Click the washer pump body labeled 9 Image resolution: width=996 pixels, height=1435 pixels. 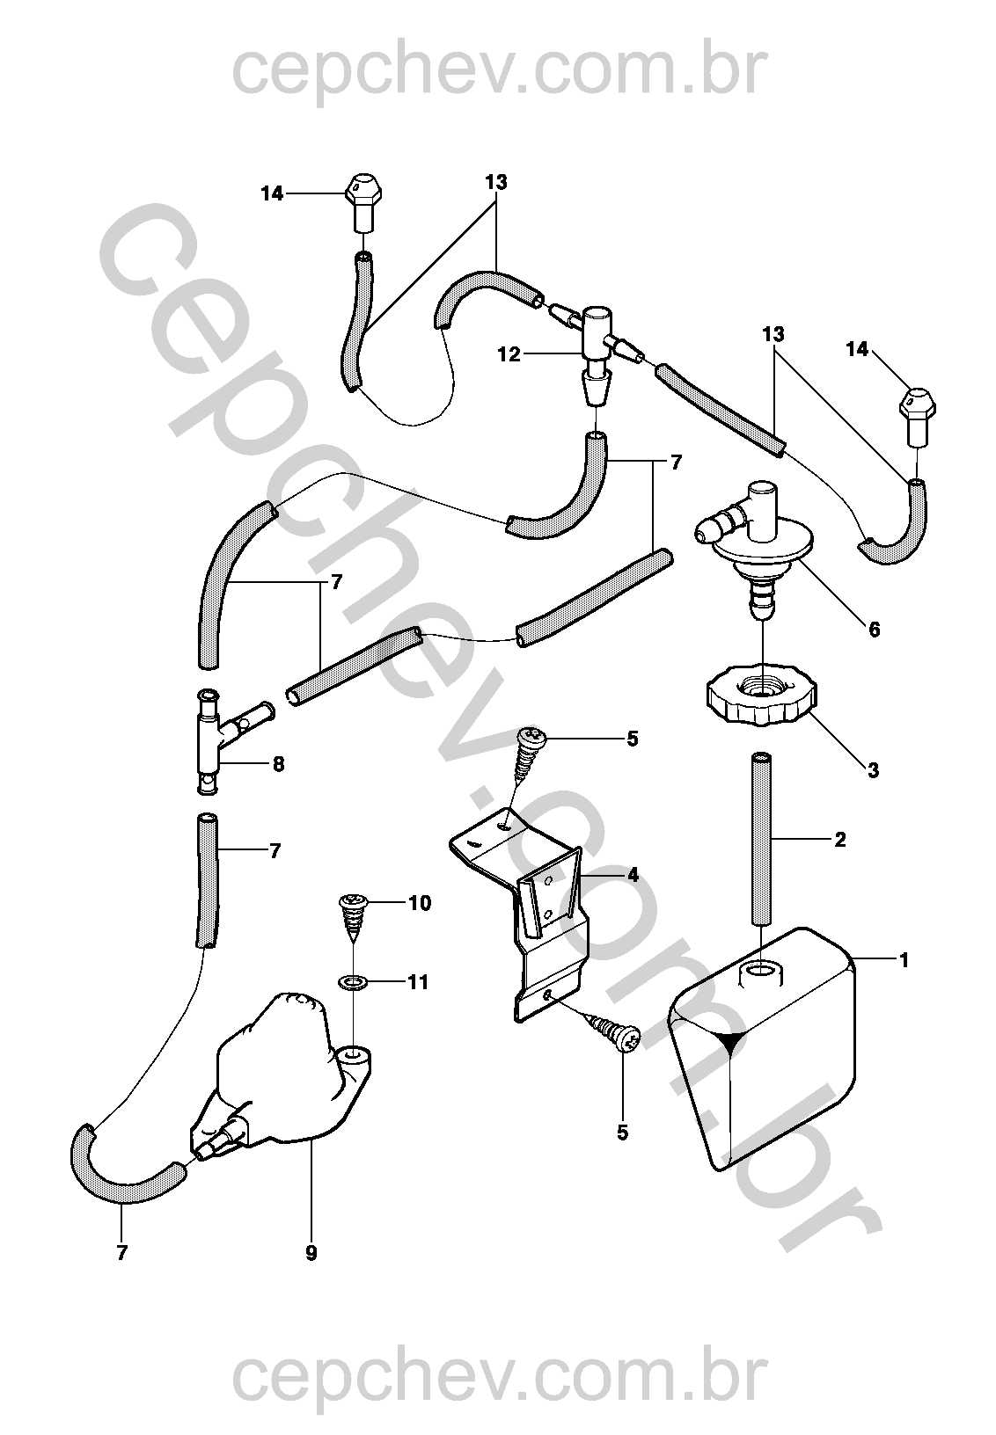click(282, 1082)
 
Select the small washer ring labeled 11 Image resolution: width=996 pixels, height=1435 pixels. click(355, 980)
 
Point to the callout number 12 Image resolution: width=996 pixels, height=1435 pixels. click(509, 354)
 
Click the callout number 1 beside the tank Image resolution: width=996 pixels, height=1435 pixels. click(903, 959)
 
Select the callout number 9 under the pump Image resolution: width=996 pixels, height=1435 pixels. click(311, 1254)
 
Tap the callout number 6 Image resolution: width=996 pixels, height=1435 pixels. click(873, 630)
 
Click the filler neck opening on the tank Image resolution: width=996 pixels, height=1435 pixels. click(758, 972)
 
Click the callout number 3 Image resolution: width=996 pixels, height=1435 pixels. click(873, 770)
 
